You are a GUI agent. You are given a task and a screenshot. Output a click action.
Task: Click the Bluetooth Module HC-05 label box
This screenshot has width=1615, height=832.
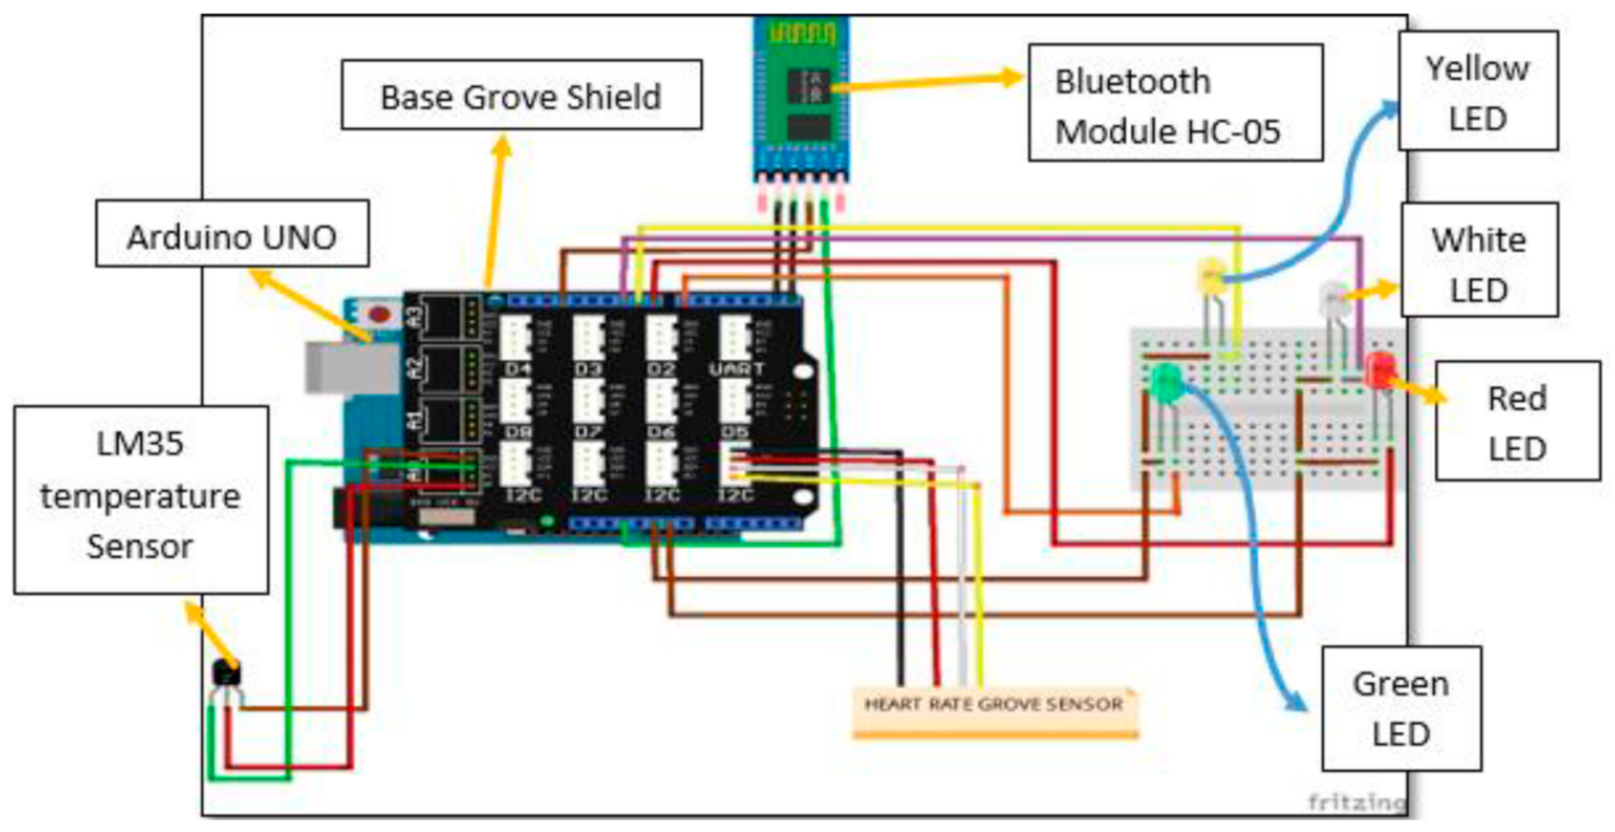coord(1174,104)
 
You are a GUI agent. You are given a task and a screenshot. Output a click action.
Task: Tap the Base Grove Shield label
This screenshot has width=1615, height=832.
coord(521,96)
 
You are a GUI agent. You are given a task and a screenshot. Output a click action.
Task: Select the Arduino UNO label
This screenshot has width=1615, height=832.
coord(232,235)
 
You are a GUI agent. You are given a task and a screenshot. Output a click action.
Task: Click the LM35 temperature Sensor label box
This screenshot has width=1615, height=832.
coord(140,498)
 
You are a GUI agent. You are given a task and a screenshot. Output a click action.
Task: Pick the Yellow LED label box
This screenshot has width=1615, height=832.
coord(1477,91)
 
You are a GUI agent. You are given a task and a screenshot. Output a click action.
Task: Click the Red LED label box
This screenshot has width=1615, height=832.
coord(1517,422)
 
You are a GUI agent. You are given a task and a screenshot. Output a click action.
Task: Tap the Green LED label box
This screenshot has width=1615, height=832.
coord(1401,708)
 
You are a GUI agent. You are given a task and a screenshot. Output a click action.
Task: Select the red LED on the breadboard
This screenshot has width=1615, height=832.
coord(1380,369)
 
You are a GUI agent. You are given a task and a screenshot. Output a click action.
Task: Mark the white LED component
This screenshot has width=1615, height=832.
coord(1334,299)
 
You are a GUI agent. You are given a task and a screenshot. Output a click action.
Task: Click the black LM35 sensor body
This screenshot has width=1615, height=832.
coord(226,674)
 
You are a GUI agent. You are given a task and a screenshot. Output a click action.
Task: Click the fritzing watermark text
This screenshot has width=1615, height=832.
coord(1356,802)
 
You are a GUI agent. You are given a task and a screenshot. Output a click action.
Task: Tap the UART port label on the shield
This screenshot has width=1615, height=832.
coord(737,368)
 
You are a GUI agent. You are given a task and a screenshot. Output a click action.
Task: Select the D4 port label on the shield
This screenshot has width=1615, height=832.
coord(518,369)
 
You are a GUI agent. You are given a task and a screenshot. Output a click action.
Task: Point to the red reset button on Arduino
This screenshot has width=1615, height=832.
coord(379,313)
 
